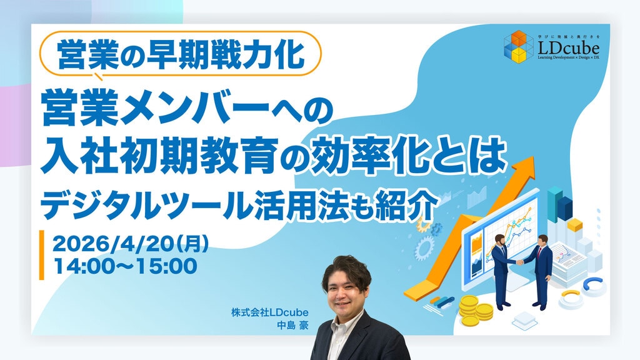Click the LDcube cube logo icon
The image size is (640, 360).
tap(518, 47)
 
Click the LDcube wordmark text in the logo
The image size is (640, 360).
tap(568, 48)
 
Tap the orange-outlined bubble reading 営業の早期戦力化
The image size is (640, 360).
tap(181, 54)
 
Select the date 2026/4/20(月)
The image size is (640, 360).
tap(131, 244)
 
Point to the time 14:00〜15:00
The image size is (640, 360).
tap(126, 266)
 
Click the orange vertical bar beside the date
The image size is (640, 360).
tap(42, 255)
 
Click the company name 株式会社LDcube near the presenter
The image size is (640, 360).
tap(270, 312)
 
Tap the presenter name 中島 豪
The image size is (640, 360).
tap(292, 325)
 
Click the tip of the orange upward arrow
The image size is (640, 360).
tap(534, 157)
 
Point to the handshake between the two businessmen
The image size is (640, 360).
tap(520, 262)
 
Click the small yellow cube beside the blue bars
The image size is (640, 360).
tap(575, 225)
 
